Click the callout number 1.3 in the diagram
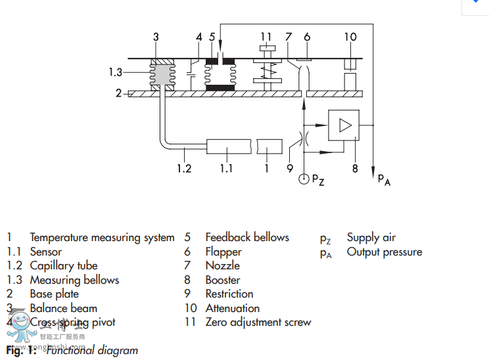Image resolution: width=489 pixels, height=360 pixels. (116, 72)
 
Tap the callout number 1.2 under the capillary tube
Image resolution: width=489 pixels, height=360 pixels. (183, 169)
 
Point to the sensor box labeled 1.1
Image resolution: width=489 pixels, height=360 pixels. (226, 145)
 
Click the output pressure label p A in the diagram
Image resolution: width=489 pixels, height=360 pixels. (384, 179)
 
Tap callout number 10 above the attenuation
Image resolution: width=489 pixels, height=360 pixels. (350, 37)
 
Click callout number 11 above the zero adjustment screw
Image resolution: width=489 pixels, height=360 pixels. (266, 37)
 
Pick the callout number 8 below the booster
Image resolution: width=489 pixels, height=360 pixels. (355, 169)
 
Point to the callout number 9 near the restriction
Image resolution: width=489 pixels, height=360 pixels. (289, 169)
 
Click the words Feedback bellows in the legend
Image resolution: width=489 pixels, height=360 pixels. (247, 238)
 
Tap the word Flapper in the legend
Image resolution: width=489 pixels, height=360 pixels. (223, 252)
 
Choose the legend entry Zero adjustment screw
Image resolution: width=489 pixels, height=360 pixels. (258, 322)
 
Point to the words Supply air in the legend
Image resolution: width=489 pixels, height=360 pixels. (371, 238)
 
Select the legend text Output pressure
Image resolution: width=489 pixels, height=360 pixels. (384, 252)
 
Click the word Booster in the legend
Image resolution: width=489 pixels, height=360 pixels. (223, 280)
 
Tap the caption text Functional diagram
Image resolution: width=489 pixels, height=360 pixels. (92, 350)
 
